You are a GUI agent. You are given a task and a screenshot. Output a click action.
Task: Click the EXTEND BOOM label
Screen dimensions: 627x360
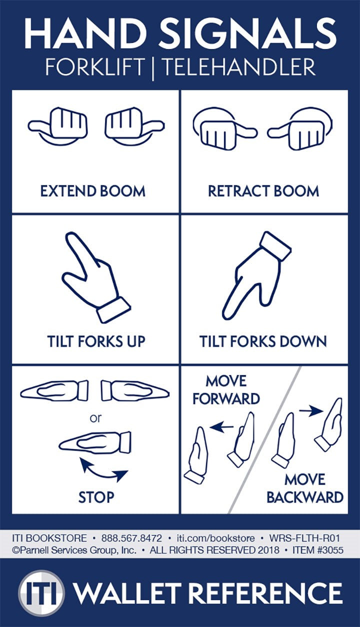click(93, 191)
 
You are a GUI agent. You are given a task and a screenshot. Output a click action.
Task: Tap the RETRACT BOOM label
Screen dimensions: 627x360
click(263, 191)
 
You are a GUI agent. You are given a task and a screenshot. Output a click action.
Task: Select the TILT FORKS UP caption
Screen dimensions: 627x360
click(96, 341)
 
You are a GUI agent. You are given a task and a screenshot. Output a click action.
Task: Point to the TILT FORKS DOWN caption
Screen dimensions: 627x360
click(263, 341)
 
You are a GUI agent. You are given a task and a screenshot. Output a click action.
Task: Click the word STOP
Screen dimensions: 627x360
click(96, 497)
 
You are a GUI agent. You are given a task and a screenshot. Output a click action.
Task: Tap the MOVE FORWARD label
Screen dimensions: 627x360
click(226, 390)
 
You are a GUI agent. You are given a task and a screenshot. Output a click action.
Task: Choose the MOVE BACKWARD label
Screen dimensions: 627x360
click(304, 488)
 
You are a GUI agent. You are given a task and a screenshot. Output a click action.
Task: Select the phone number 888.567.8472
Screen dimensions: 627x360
click(131, 538)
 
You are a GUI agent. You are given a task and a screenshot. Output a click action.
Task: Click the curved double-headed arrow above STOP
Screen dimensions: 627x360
click(104, 471)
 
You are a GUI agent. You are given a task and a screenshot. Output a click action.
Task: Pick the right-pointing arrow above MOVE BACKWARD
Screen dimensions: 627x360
click(311, 411)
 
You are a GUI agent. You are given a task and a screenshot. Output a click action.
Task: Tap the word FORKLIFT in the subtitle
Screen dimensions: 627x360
click(95, 66)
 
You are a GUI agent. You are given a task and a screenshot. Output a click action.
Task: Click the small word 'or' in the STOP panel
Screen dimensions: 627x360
click(95, 418)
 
